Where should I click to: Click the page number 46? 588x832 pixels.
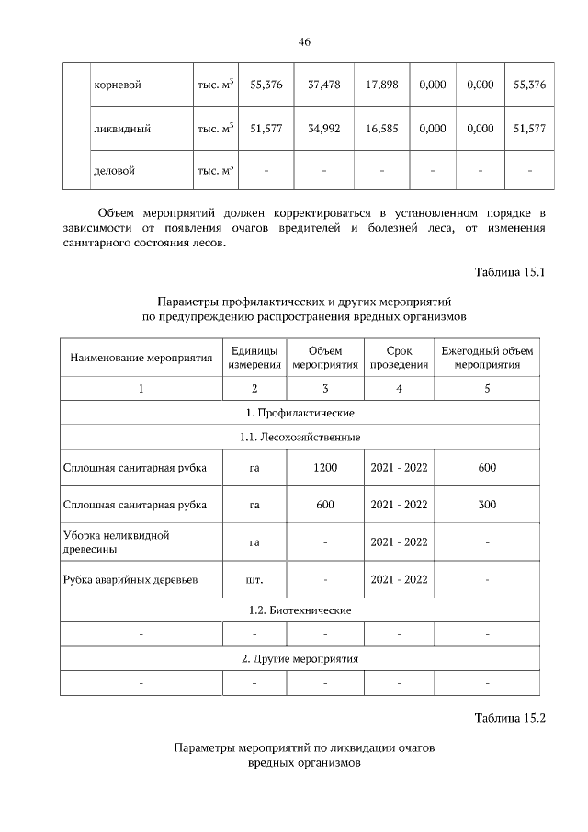pyautogui.click(x=304, y=41)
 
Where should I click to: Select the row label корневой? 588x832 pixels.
pyautogui.click(x=118, y=85)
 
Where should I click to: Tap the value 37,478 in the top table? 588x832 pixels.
pyautogui.click(x=324, y=85)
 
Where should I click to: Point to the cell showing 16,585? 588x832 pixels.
pyautogui.click(x=381, y=130)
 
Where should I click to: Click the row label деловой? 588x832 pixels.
pyautogui.click(x=115, y=170)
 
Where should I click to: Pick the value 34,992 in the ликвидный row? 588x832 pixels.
pyautogui.click(x=324, y=130)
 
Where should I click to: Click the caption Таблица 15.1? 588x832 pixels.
pyautogui.click(x=510, y=272)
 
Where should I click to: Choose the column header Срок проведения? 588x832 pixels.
pyautogui.click(x=399, y=358)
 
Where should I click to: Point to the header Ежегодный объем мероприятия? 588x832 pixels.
pyautogui.click(x=487, y=358)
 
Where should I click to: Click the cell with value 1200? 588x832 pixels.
pyautogui.click(x=325, y=468)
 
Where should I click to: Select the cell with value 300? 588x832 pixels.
pyautogui.click(x=487, y=505)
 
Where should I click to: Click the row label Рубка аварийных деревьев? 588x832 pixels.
pyautogui.click(x=130, y=580)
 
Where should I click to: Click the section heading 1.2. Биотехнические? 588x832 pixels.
pyautogui.click(x=304, y=610)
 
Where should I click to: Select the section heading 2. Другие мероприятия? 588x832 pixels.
pyautogui.click(x=304, y=659)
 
